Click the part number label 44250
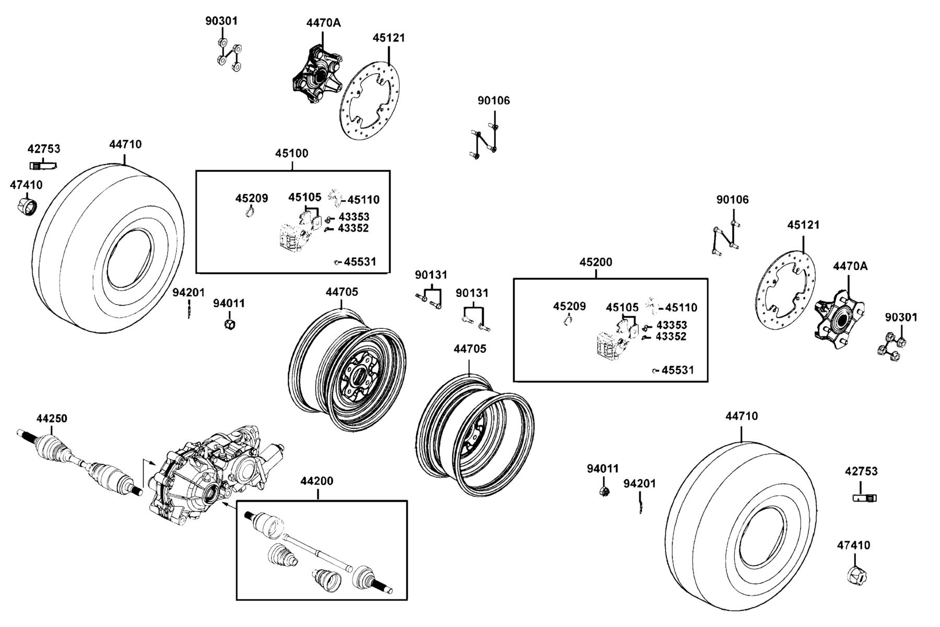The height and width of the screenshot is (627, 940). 52,419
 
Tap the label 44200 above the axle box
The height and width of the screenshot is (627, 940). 316,481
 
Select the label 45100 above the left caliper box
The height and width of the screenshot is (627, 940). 292,153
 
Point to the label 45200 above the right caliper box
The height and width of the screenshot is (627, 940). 596,262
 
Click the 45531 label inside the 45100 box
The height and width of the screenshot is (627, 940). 360,262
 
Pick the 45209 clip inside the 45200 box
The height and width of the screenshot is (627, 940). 568,321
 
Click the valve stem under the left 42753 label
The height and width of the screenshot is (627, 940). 43,166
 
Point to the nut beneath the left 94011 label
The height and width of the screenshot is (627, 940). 229,324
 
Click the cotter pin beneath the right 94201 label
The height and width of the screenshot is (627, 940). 640,505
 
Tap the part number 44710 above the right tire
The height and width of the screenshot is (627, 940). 742,416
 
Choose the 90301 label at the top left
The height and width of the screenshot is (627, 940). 221,21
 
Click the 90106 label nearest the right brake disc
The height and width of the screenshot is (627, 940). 732,200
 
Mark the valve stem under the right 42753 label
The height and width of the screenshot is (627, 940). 865,498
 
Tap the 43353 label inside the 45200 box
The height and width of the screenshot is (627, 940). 672,325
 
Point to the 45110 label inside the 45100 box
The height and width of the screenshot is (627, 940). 364,200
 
